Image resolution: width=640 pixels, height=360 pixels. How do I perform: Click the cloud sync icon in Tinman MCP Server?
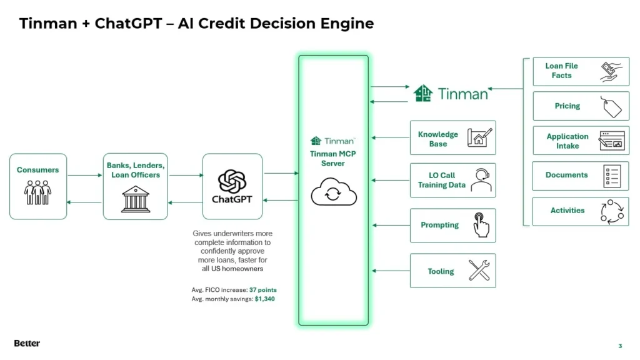click(334, 193)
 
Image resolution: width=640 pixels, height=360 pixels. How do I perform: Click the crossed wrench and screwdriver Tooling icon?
click(479, 271)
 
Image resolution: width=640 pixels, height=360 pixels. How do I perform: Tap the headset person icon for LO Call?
click(481, 181)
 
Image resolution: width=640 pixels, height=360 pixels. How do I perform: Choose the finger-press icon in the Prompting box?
click(480, 225)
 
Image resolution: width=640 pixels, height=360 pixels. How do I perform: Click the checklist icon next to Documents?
click(611, 176)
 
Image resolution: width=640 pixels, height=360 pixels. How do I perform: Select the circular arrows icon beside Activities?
click(611, 211)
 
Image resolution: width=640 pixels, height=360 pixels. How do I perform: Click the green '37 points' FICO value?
click(262, 290)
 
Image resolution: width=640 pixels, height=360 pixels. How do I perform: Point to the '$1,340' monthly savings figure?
click(264, 299)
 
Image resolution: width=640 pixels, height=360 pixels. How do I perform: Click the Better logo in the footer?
click(27, 343)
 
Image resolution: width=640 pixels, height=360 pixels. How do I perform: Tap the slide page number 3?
click(620, 346)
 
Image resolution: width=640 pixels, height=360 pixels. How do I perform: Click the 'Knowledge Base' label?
click(437, 139)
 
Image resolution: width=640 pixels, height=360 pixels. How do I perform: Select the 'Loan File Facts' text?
click(561, 71)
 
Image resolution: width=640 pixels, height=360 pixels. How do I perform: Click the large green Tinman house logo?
click(423, 94)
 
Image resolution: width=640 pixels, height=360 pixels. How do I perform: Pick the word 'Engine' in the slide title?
click(344, 24)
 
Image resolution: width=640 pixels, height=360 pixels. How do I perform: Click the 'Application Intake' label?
click(567, 141)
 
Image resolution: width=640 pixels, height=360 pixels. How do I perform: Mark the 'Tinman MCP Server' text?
click(333, 159)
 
